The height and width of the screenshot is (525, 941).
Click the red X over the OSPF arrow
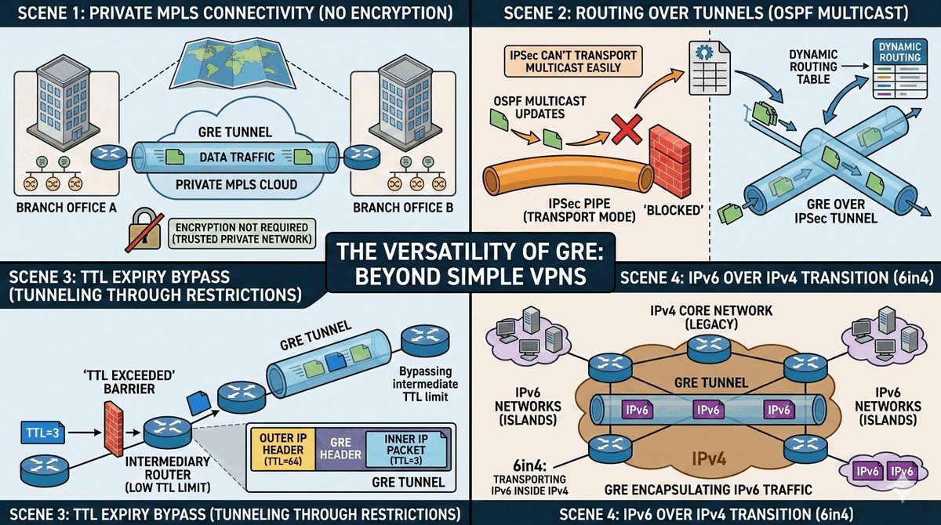pyautogui.click(x=627, y=128)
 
